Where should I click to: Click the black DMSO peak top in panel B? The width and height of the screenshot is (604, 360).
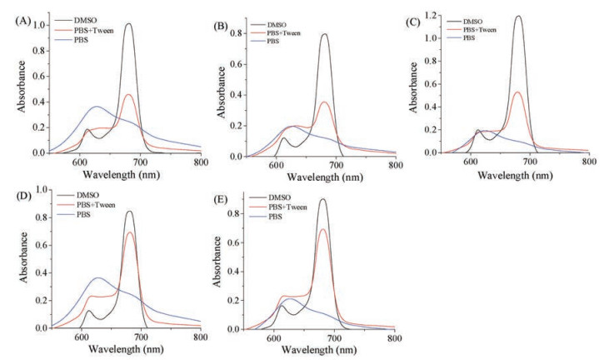pos(323,34)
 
